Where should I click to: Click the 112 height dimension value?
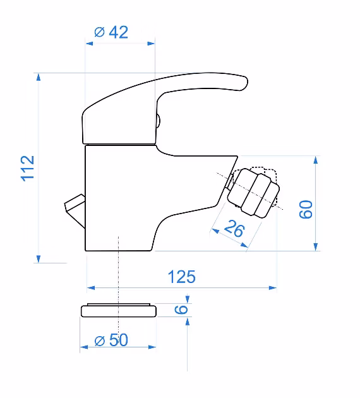click(27, 168)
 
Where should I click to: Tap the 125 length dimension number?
click(182, 277)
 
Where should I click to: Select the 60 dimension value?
click(306, 209)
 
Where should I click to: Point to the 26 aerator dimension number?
click(234, 228)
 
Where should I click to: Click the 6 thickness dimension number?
click(181, 310)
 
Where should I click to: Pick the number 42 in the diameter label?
click(119, 32)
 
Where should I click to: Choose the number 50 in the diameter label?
click(119, 340)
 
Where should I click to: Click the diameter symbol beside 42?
click(99, 32)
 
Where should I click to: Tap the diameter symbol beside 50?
click(99, 341)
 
